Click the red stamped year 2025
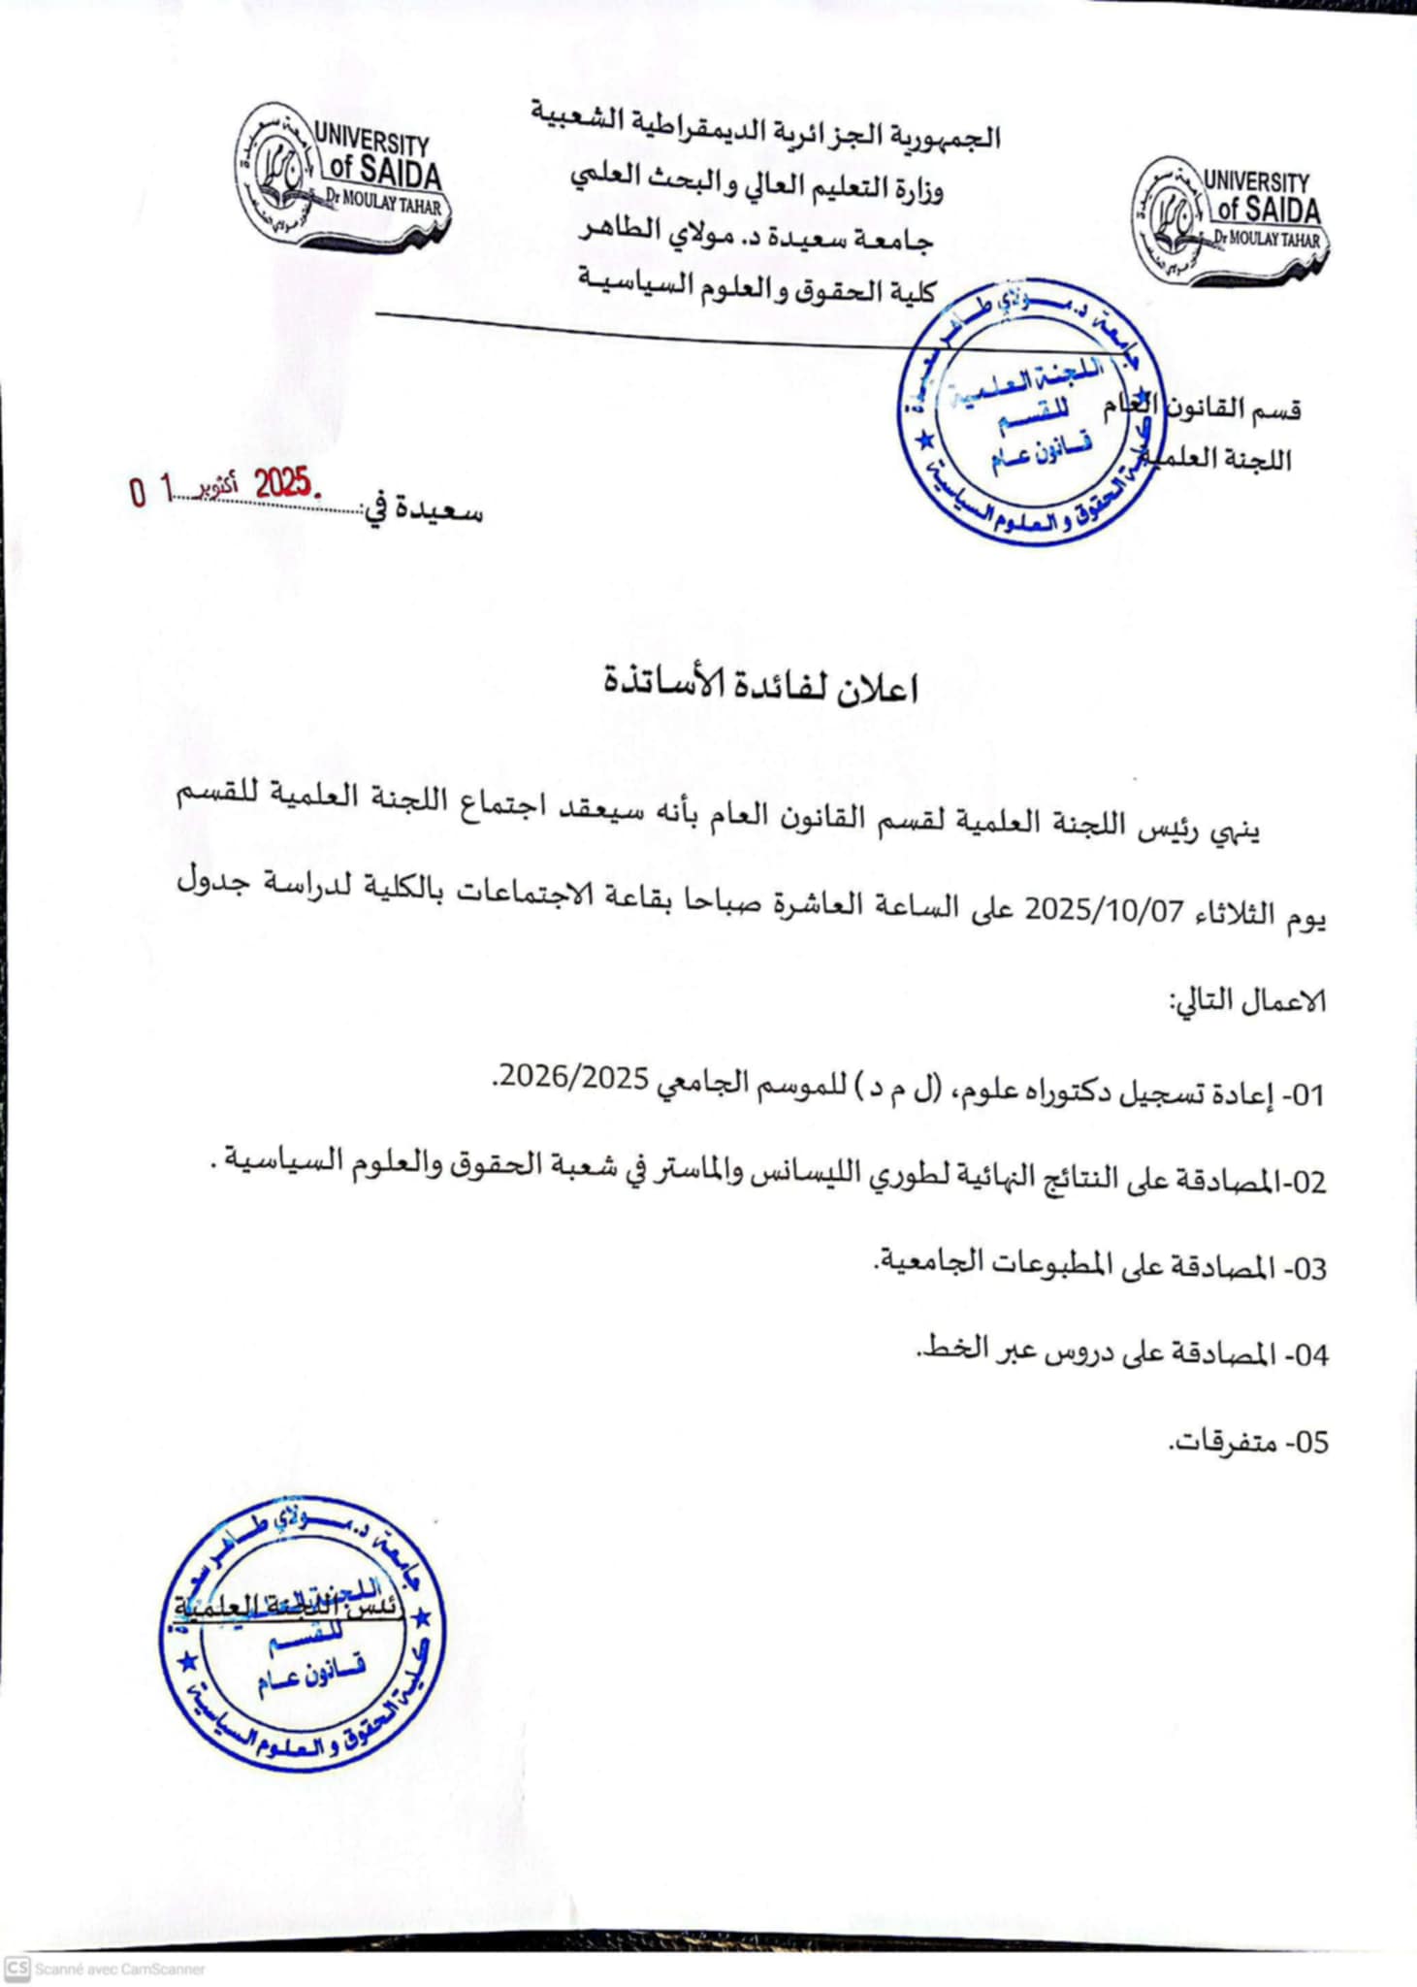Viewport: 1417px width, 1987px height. (282, 482)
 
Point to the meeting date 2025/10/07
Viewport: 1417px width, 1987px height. (1105, 911)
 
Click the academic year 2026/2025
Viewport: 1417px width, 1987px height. (572, 1079)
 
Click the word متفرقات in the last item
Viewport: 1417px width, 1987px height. (1220, 1442)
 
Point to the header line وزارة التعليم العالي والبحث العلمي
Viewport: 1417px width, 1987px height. (757, 184)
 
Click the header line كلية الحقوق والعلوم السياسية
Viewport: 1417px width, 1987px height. (757, 288)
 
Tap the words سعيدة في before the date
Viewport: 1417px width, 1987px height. (421, 509)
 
